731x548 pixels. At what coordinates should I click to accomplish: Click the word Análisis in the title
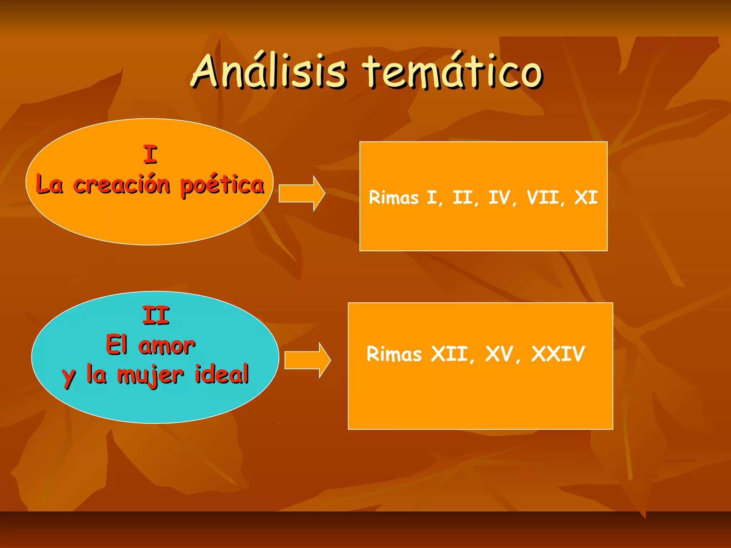268,71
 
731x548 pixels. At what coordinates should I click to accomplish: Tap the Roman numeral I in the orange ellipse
150,154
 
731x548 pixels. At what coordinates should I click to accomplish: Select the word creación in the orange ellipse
122,185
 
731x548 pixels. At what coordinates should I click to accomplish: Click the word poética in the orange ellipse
222,185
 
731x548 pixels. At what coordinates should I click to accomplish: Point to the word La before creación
50,185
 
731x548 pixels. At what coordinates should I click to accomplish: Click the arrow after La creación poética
302,193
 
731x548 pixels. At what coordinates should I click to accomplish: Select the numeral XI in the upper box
586,197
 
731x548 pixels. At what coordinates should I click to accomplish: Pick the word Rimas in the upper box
393,197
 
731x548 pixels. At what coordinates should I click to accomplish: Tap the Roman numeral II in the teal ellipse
156,315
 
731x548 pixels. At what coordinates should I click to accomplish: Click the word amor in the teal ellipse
167,345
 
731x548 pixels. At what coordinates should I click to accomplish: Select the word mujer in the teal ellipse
151,375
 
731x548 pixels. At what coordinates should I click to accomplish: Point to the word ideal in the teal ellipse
222,375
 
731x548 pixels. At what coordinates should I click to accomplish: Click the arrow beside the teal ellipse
307,360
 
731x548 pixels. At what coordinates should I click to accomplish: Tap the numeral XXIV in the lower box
558,354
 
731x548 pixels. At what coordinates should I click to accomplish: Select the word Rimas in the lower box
394,354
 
